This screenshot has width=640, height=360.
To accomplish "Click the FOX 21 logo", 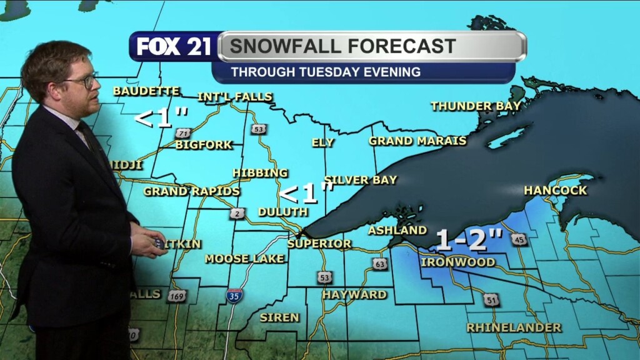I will pos(174,47).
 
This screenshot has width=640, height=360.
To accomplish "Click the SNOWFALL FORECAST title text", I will pos(342,46).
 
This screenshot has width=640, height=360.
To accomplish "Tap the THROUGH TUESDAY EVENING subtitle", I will pos(326,72).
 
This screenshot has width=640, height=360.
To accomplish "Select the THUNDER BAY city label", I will pos(476,106).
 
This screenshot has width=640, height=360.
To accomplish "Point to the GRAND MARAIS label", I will pos(417,141).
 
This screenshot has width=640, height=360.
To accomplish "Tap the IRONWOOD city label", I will pos(458,262).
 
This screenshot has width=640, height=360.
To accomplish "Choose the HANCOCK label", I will pos(556,190).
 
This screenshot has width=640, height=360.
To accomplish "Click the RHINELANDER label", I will pos(514,327).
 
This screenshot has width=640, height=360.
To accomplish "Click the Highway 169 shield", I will pos(177,296).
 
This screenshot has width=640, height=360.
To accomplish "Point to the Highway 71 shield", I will pos(182,133).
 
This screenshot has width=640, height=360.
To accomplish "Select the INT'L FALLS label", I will pos(235,97).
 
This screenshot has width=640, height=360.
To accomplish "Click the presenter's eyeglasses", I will pos(83,81).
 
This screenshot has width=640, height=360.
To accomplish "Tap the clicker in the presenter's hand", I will pos(159,243).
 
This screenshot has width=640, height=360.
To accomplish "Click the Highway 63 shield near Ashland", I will pos(381,264).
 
